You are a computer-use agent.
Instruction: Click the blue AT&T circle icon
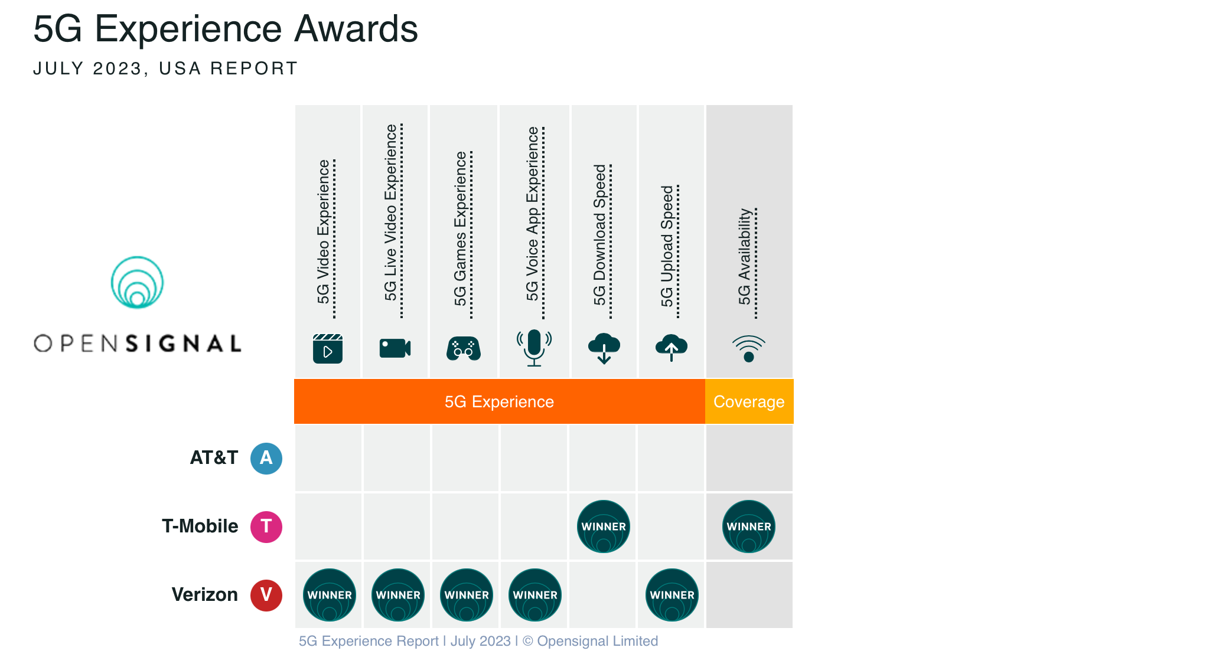click(x=266, y=458)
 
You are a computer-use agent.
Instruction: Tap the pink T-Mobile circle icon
click(x=266, y=527)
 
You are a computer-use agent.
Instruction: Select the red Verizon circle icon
click(x=266, y=595)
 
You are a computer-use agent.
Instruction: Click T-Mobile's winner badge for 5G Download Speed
click(x=604, y=527)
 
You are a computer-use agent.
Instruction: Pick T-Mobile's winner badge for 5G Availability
click(x=749, y=527)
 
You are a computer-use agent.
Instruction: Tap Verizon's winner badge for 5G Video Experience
click(x=330, y=595)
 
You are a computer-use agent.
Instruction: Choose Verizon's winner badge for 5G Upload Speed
click(x=672, y=595)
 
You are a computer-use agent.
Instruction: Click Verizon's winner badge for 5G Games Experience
click(x=467, y=595)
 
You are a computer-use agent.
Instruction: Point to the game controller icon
click(x=464, y=348)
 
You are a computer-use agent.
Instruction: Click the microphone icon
click(x=534, y=348)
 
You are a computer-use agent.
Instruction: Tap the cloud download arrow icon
click(x=604, y=348)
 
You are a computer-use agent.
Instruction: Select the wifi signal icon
click(x=749, y=348)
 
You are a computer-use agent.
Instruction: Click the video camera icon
click(x=395, y=348)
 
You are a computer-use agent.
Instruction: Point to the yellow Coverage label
click(x=749, y=401)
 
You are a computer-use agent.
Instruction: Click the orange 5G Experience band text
click(x=499, y=401)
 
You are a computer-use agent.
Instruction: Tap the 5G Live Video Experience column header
click(x=392, y=212)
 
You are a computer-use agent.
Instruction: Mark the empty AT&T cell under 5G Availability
click(x=749, y=458)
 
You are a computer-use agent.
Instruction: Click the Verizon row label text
click(x=204, y=594)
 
